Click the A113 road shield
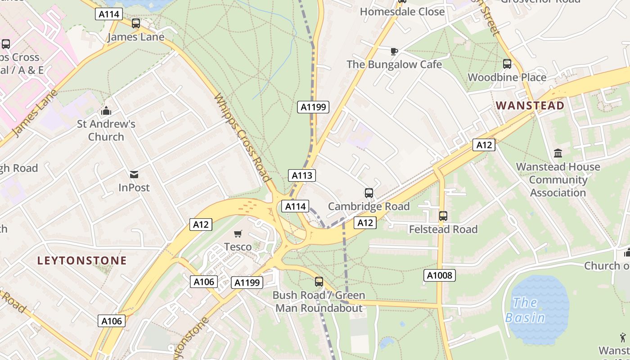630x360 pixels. (x=302, y=175)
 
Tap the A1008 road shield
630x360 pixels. (x=440, y=275)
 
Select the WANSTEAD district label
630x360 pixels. (x=530, y=106)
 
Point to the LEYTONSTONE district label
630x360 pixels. (x=82, y=261)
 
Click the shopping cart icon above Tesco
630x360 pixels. (x=238, y=234)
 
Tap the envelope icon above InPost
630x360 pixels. (x=134, y=174)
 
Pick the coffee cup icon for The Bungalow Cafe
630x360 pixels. (x=394, y=51)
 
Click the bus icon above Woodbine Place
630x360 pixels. (x=507, y=64)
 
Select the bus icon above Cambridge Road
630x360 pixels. (x=369, y=193)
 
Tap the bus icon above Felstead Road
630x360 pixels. (x=443, y=216)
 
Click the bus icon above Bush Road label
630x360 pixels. (x=319, y=282)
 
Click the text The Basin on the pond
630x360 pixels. (x=525, y=310)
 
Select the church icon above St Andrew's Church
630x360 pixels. (x=106, y=110)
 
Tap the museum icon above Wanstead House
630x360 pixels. (x=558, y=153)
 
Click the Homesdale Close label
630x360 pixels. (x=402, y=12)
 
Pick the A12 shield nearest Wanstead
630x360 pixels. (x=484, y=145)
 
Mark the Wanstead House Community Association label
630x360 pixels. (x=558, y=180)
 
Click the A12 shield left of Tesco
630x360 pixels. (x=201, y=224)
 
